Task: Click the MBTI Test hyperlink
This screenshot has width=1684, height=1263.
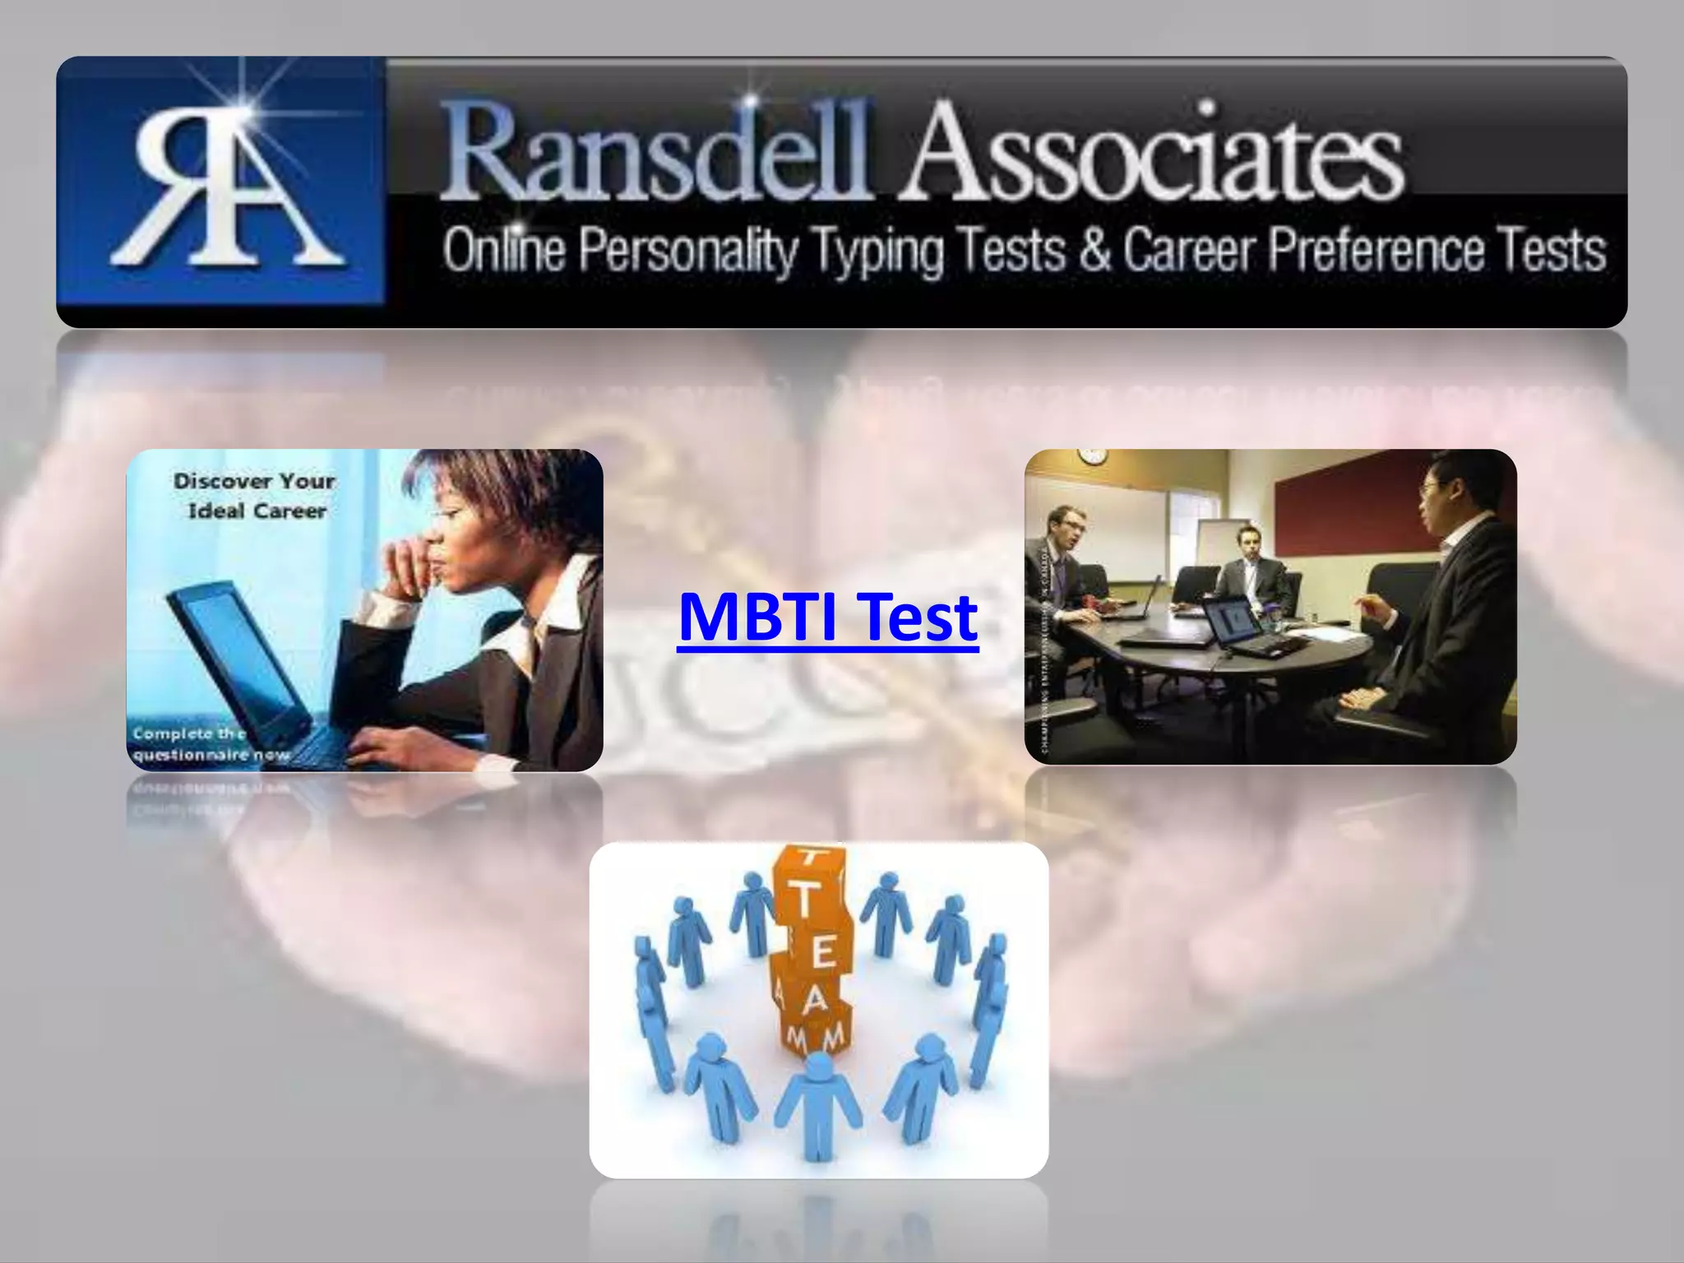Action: (x=828, y=618)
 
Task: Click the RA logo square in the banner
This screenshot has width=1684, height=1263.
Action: (x=220, y=191)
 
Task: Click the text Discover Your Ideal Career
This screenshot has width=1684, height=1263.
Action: (x=254, y=496)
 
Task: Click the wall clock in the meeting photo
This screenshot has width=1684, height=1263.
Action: (x=1090, y=456)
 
